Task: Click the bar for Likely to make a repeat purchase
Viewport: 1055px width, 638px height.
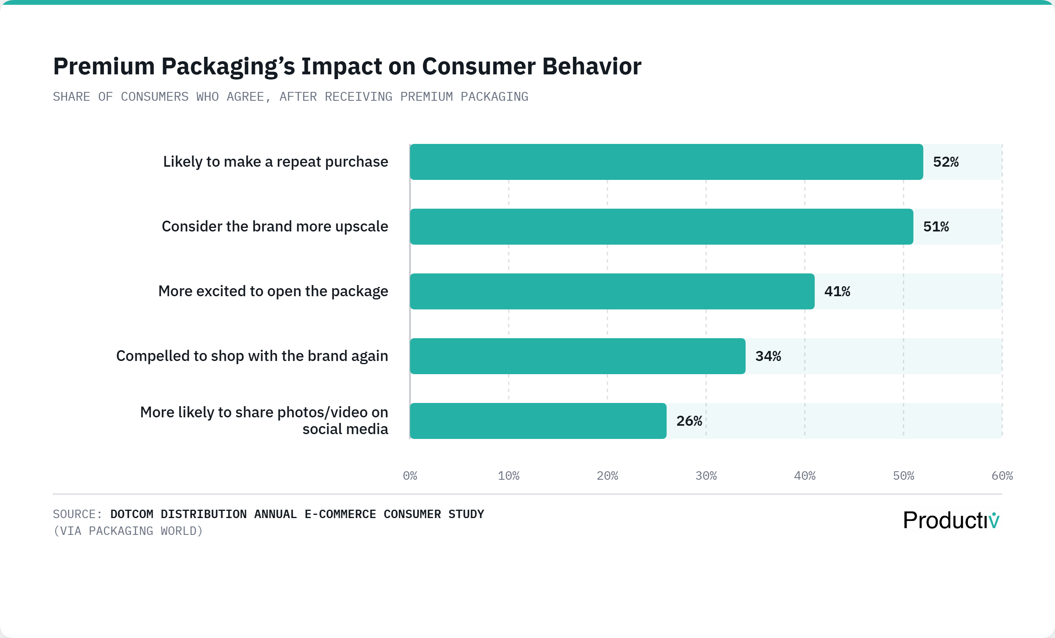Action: [x=666, y=162]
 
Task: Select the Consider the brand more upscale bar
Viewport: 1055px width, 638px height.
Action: [x=661, y=227]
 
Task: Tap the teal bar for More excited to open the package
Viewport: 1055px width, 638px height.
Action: [x=612, y=291]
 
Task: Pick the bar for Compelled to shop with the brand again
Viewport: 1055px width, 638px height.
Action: [x=577, y=356]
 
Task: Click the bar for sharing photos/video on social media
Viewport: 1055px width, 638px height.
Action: [x=538, y=421]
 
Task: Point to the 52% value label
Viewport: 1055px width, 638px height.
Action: [x=946, y=162]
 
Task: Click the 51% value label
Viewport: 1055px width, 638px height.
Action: [x=936, y=227]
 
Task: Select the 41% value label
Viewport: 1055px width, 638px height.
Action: [x=837, y=291]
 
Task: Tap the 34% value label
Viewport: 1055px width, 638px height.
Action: [x=768, y=356]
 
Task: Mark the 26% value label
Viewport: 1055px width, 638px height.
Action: [x=689, y=421]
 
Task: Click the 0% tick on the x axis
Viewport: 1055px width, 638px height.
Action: [x=410, y=476]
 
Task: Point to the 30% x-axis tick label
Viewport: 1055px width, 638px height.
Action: [x=706, y=476]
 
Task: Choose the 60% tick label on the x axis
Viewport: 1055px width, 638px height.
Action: [x=1002, y=476]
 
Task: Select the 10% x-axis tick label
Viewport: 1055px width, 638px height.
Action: [x=508, y=476]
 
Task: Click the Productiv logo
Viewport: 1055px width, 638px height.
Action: [x=951, y=520]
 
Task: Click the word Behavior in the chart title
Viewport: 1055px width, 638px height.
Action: [x=592, y=67]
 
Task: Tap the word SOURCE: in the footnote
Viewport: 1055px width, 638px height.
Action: [x=78, y=514]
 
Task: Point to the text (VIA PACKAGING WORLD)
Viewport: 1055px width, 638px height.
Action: [x=127, y=531]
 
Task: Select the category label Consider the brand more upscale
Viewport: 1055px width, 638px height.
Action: [x=275, y=227]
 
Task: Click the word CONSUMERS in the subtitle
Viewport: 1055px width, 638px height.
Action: [x=154, y=97]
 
